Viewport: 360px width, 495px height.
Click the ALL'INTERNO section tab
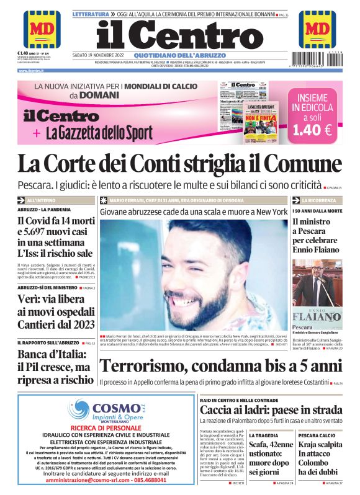pyautogui.click(x=41, y=201)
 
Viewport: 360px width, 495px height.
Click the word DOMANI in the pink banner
pyautogui.click(x=97, y=95)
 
